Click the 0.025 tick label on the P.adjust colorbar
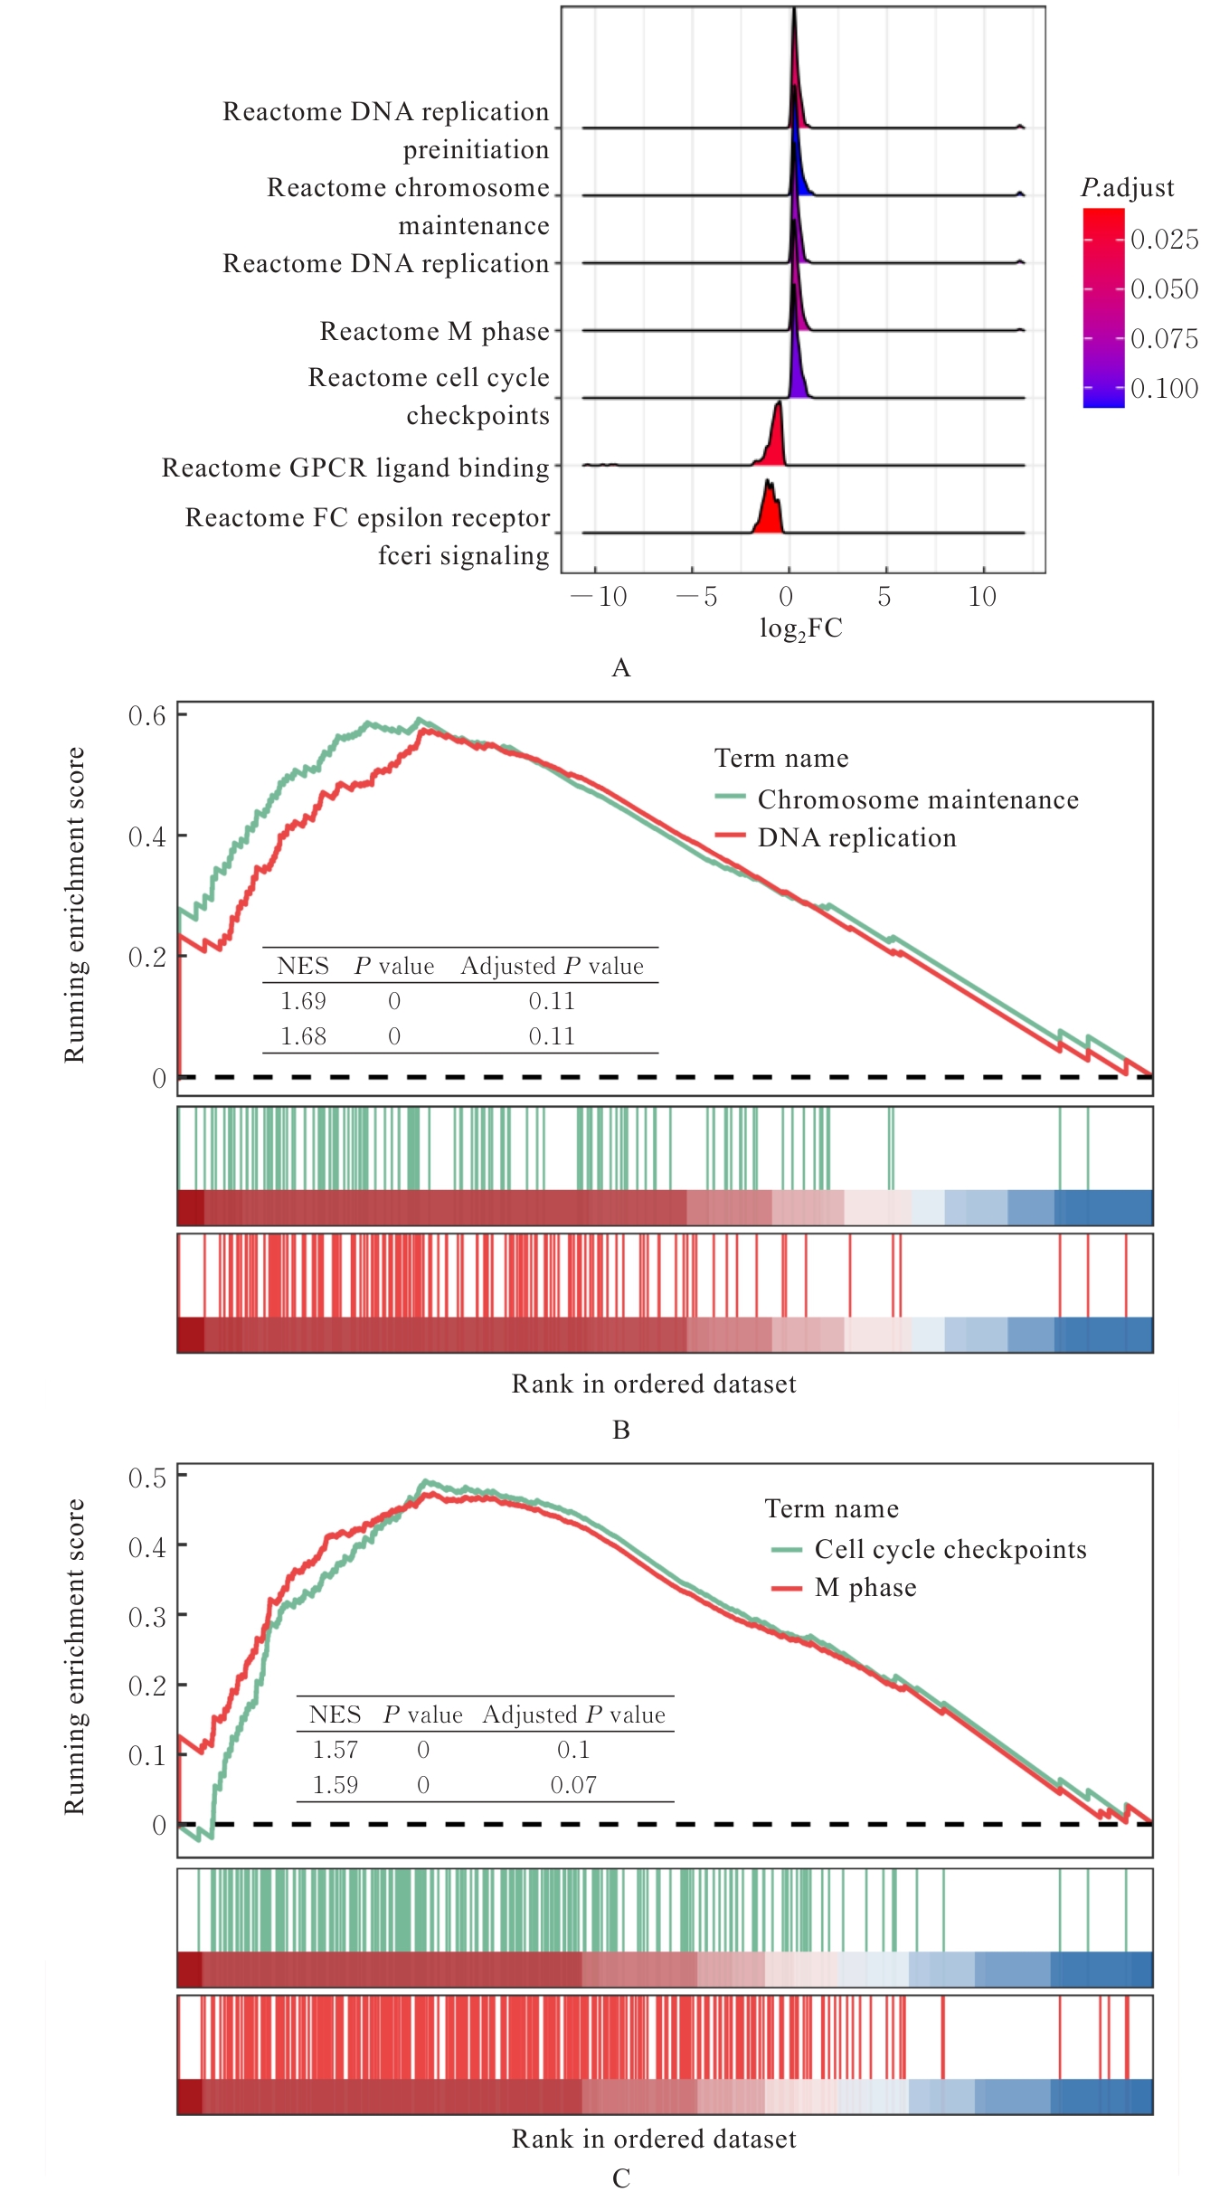click(x=1164, y=240)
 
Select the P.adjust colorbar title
click(x=1127, y=188)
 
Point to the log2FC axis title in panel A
click(x=800, y=628)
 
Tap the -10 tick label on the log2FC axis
click(x=599, y=597)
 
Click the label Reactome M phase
click(x=434, y=332)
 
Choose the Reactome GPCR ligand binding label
click(x=355, y=468)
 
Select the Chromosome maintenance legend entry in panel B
click(x=917, y=800)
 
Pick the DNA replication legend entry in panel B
click(x=856, y=838)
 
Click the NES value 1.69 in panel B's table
click(x=303, y=1002)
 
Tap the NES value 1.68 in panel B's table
click(x=303, y=1037)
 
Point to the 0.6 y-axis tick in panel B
click(x=147, y=716)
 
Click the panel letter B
click(x=621, y=1430)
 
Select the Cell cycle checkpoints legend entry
click(x=950, y=1550)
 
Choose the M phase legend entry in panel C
click(x=865, y=1588)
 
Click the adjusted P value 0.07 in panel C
click(x=573, y=1786)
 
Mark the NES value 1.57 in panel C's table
click(x=335, y=1751)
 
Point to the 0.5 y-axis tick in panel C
click(x=147, y=1478)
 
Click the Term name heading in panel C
click(x=831, y=1509)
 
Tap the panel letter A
click(x=621, y=668)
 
